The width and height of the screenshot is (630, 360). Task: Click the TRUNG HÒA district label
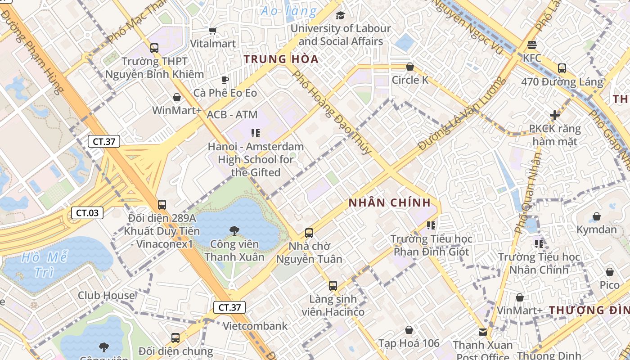tap(281, 59)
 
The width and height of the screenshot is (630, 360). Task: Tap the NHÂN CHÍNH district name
tap(390, 202)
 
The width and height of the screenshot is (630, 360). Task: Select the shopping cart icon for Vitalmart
tap(213, 31)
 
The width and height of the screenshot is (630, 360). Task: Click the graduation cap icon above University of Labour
tap(340, 16)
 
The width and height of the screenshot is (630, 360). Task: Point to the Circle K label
tap(410, 80)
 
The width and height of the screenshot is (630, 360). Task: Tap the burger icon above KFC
tap(532, 45)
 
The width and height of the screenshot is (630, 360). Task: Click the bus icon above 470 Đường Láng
tap(562, 68)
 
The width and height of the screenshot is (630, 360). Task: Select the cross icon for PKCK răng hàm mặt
tap(555, 115)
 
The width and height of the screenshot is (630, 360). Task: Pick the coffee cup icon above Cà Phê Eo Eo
tap(225, 80)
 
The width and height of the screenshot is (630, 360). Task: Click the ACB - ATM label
tap(232, 115)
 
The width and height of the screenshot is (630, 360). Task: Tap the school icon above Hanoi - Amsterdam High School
tap(256, 133)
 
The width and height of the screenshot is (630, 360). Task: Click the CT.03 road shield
tap(87, 213)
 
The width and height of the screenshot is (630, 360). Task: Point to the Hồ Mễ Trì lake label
tap(44, 265)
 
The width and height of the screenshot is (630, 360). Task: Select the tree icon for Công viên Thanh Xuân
tap(234, 231)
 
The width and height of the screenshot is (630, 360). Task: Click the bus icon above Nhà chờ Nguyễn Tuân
tap(309, 233)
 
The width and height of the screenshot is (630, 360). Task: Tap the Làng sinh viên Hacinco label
tap(333, 305)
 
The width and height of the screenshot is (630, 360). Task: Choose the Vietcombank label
tap(255, 326)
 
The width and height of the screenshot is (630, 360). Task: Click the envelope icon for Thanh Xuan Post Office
tap(483, 332)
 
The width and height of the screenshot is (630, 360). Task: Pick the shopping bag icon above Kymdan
tap(597, 216)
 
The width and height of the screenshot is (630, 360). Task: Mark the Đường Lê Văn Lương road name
tap(460, 114)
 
